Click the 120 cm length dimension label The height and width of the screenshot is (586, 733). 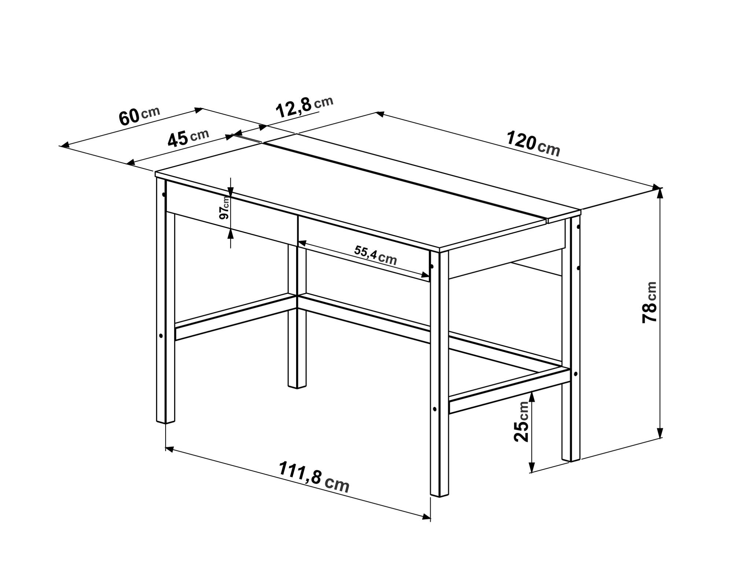(533, 144)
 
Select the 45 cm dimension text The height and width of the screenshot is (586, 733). (188, 137)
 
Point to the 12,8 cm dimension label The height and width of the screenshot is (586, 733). (304, 107)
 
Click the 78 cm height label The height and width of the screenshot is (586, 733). (649, 302)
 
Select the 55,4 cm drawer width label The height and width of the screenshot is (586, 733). (376, 255)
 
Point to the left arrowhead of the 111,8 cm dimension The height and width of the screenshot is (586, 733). (169, 448)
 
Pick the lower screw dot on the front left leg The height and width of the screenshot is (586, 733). (161, 335)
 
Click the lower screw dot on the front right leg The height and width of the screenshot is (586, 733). (434, 409)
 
